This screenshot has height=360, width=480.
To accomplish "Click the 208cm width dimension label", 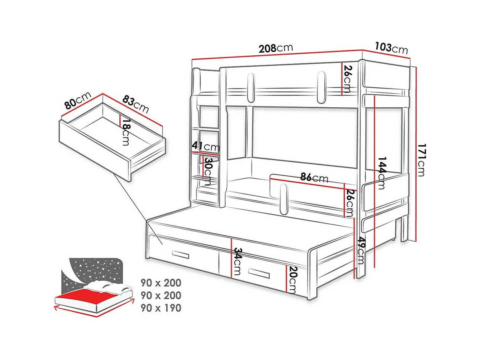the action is (x=275, y=48).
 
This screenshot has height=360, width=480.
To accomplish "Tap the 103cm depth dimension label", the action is (x=391, y=48).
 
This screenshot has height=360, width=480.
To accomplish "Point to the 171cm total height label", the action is (x=421, y=160).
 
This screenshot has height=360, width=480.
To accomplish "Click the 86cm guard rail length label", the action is (x=314, y=178).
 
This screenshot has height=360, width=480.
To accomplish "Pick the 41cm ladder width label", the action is (x=206, y=147).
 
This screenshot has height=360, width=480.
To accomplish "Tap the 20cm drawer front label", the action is (x=292, y=279).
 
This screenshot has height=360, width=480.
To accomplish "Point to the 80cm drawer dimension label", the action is (x=78, y=100).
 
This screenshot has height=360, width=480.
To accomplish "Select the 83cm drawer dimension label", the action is (x=135, y=103).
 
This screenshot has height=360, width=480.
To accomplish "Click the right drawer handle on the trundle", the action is (x=259, y=273).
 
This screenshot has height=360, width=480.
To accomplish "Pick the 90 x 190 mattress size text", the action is (x=161, y=308).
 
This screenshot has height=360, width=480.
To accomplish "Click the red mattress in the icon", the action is (x=85, y=296).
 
